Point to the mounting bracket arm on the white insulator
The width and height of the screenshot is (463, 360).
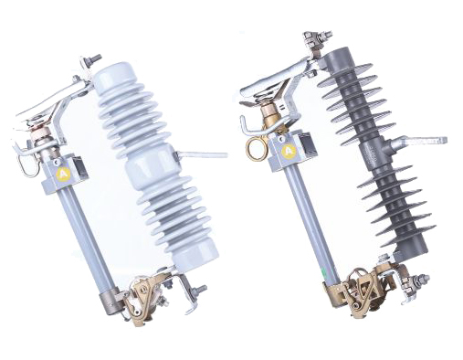pyautogui.click(x=205, y=156)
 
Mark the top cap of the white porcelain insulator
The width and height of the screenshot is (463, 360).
pyautogui.click(x=113, y=73)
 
